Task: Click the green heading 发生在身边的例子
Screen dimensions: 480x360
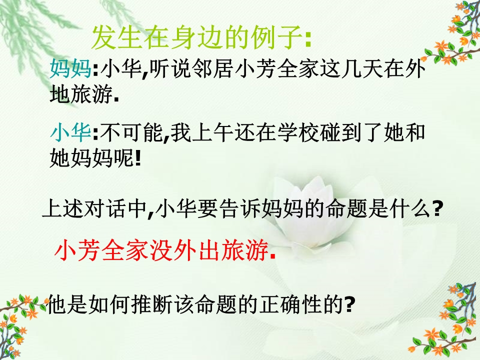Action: click(x=197, y=37)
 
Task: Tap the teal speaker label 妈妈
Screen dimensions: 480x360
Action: click(x=70, y=68)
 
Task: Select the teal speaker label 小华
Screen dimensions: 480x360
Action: click(x=70, y=133)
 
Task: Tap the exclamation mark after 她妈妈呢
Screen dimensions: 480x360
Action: click(x=138, y=158)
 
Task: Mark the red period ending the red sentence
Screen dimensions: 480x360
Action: click(x=273, y=257)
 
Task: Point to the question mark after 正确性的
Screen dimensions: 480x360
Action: click(x=349, y=305)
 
